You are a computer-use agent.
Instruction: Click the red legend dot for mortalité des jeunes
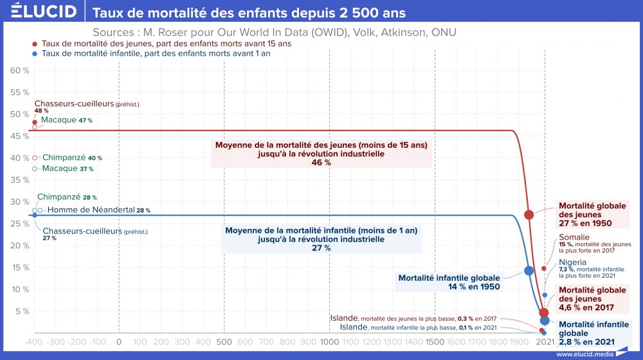[x=35, y=44]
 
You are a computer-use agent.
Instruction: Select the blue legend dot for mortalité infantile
[x=35, y=54]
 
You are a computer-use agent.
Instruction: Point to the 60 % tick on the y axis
[x=13, y=70]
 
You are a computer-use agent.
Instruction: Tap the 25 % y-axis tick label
[x=13, y=224]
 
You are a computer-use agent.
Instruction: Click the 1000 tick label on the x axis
[x=329, y=343]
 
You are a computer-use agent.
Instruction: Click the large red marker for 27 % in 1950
[x=529, y=215]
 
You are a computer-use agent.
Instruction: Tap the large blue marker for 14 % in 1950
[x=529, y=271]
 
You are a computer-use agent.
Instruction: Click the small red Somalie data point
[x=543, y=268]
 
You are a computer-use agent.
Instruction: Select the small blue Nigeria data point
[x=545, y=295]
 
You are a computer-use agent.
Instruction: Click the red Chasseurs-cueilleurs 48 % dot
[x=34, y=122]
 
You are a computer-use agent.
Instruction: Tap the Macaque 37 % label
[x=68, y=168]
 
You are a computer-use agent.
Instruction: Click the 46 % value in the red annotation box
[x=321, y=163]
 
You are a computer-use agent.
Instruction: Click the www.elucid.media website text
[x=583, y=354]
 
